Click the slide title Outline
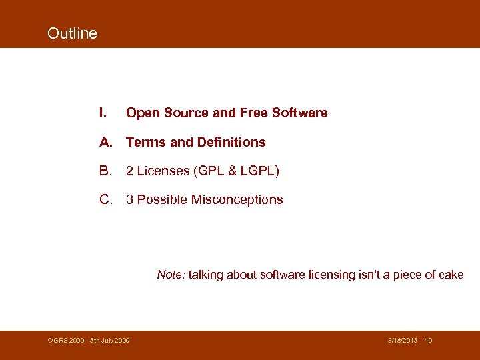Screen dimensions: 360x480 click(x=72, y=33)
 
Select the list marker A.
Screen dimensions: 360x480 click(x=105, y=142)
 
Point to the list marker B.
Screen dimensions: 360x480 click(x=105, y=171)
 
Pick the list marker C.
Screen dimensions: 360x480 click(x=105, y=200)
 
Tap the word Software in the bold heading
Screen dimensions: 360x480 click(x=299, y=113)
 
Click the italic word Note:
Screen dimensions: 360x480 click(x=171, y=275)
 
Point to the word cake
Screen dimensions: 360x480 click(x=451, y=275)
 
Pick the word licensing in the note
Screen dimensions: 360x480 click(x=331, y=275)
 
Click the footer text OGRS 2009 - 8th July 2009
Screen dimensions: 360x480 click(x=89, y=341)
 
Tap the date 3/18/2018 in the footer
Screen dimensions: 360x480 click(x=403, y=341)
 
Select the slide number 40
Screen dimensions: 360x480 click(x=429, y=341)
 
